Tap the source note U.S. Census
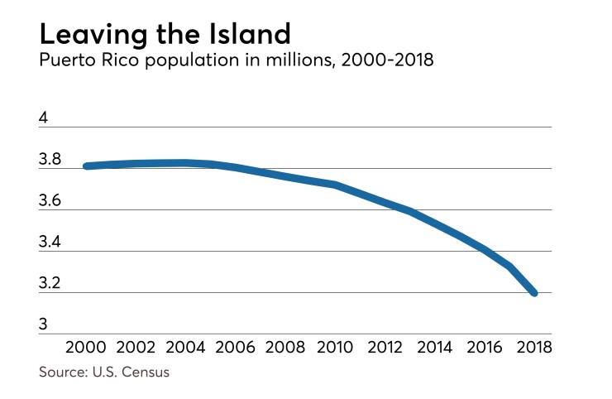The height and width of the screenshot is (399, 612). pyautogui.click(x=103, y=372)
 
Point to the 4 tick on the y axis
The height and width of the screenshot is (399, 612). pyautogui.click(x=44, y=118)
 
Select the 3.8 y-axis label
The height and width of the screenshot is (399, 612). pyautogui.click(x=50, y=160)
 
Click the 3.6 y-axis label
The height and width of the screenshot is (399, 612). pyautogui.click(x=50, y=201)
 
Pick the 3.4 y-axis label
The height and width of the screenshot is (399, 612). pyautogui.click(x=50, y=243)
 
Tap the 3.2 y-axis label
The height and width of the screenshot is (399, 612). pyautogui.click(x=50, y=284)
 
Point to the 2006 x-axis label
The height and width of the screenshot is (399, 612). pyautogui.click(x=238, y=346)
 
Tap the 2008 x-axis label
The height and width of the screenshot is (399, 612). pyautogui.click(x=288, y=346)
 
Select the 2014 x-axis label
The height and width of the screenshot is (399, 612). pyautogui.click(x=435, y=346)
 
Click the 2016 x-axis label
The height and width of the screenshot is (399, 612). pyautogui.click(x=485, y=346)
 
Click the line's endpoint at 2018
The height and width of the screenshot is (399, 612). pyautogui.click(x=533, y=292)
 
